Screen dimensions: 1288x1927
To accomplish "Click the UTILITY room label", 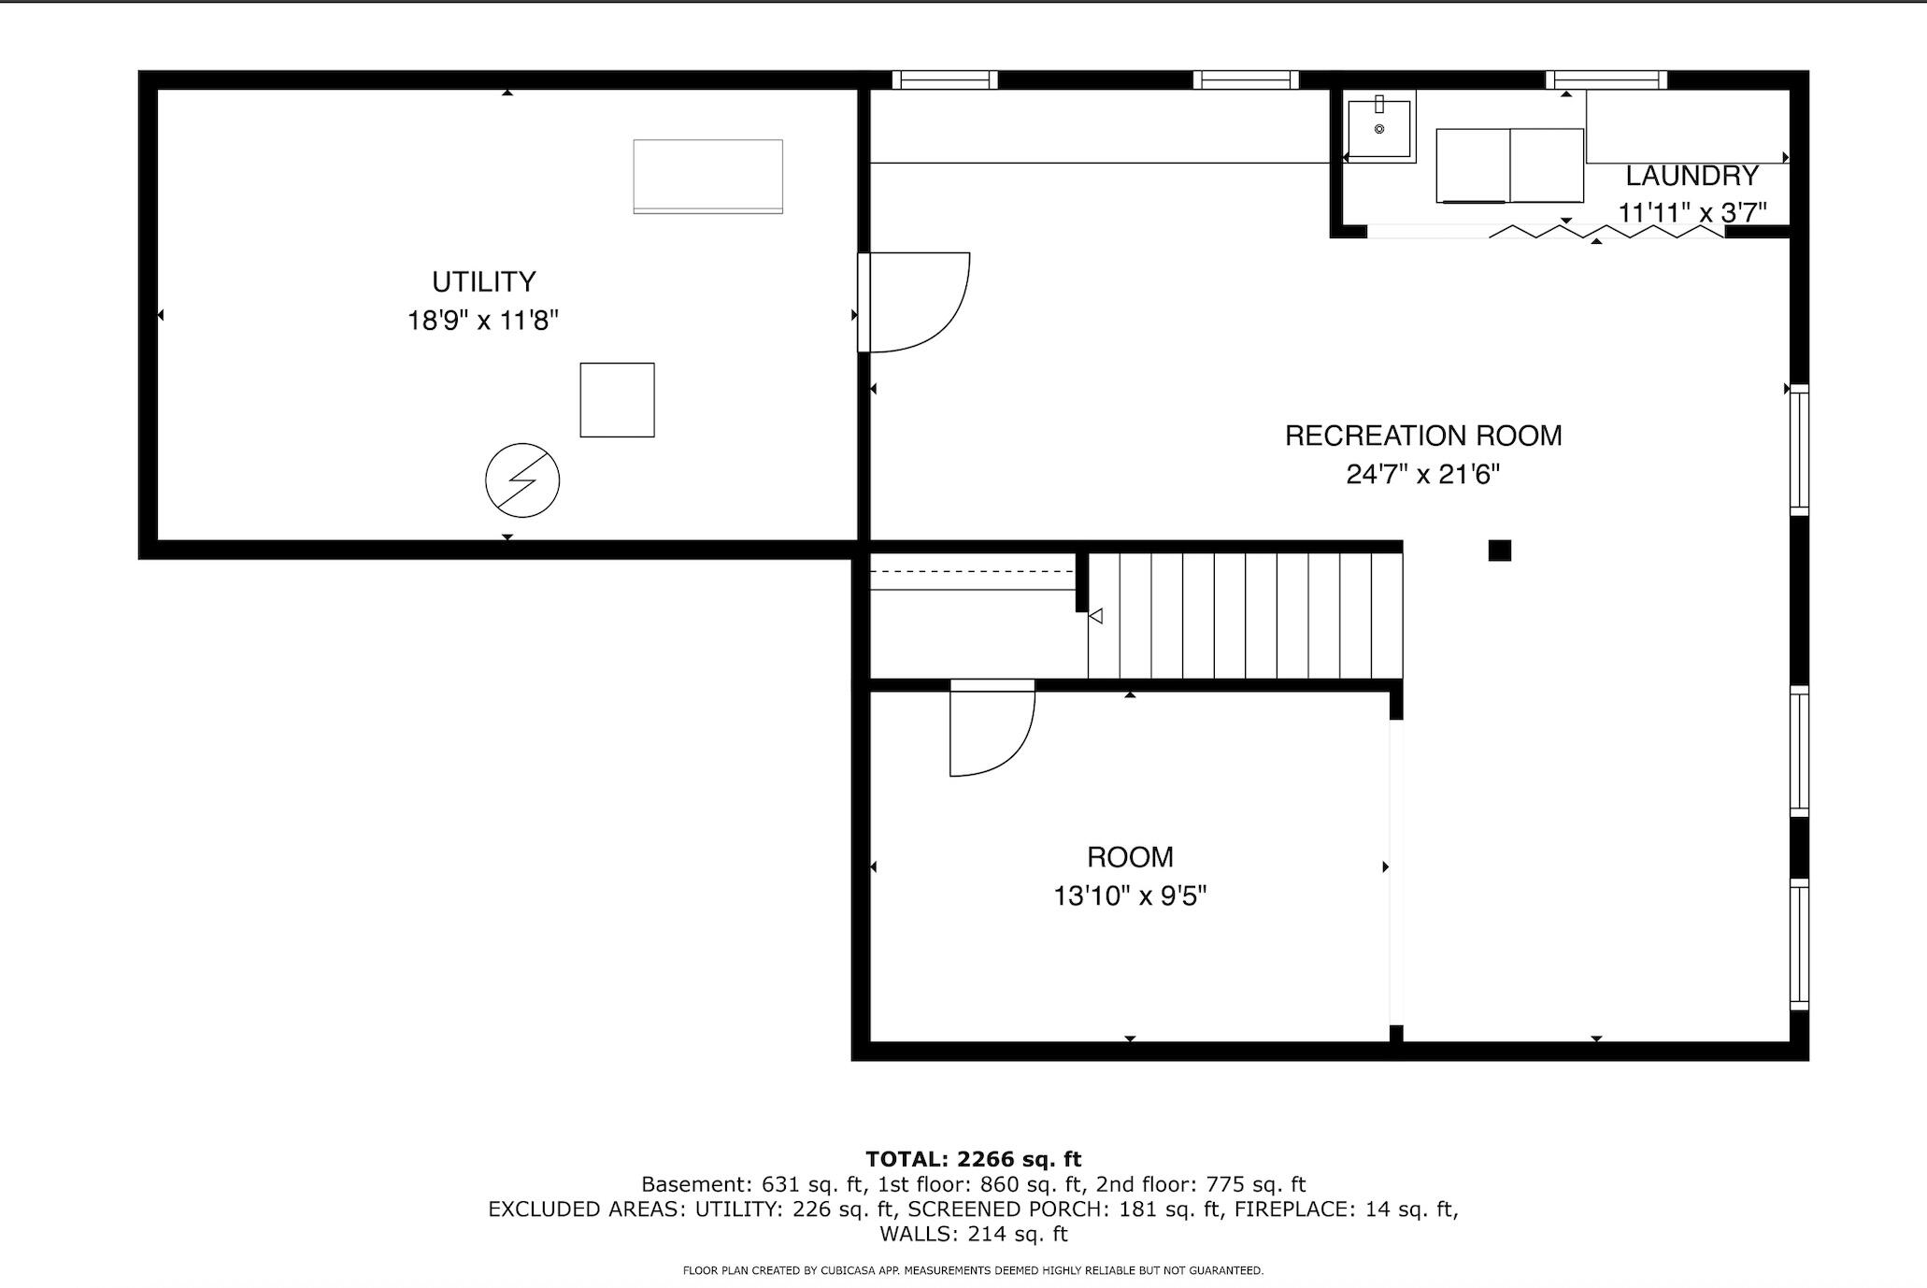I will coord(483,281).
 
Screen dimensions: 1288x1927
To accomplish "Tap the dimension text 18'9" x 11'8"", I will coord(482,321).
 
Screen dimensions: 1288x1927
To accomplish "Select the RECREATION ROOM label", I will coord(1422,436).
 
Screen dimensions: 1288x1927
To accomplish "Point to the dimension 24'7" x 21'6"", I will coord(1422,475).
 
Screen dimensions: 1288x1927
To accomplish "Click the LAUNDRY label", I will coord(1691,176).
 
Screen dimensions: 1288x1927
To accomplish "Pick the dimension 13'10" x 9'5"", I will coord(1130,896).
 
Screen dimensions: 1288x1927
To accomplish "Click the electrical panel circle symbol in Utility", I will coord(522,480).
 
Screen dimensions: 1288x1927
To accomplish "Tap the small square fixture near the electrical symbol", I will coord(617,400).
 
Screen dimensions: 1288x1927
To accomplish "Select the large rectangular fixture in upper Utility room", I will coord(707,177).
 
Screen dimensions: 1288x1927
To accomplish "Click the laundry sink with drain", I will coord(1379,128).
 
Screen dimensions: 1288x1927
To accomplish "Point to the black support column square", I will coord(1499,551).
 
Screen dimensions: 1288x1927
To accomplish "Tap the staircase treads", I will coord(1245,615).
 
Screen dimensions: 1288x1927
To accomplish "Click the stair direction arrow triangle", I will coord(1096,616).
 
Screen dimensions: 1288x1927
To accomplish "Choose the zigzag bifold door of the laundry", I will coord(1606,231).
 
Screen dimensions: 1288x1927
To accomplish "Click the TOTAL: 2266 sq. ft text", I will coord(973,1159).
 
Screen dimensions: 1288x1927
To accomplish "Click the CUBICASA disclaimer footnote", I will coord(973,1270).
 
